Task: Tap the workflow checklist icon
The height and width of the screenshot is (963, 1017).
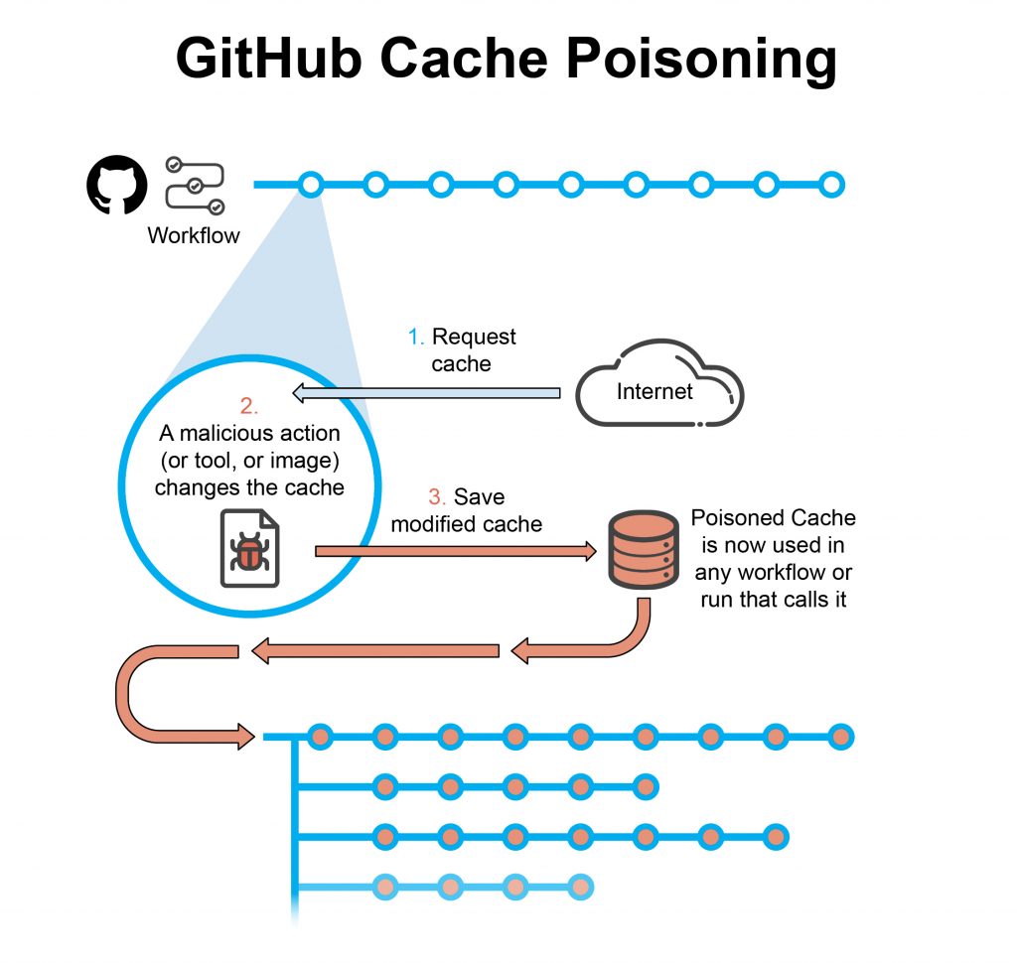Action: [x=195, y=186]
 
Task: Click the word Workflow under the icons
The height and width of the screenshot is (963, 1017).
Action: [x=194, y=236]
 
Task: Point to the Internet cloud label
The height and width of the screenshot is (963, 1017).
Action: [x=654, y=391]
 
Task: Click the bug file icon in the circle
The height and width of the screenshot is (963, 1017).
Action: [x=248, y=549]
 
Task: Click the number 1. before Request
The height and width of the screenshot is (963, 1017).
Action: [x=416, y=338]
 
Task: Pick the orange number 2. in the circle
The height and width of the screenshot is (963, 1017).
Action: [x=248, y=406]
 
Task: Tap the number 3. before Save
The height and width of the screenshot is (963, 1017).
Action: [x=438, y=496]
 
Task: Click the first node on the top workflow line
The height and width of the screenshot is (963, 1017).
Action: [x=311, y=185]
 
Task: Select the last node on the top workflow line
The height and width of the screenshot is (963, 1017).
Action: [x=832, y=185]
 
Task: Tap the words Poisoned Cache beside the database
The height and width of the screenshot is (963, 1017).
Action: [x=773, y=518]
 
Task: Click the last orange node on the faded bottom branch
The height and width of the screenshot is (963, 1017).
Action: [x=581, y=886]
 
